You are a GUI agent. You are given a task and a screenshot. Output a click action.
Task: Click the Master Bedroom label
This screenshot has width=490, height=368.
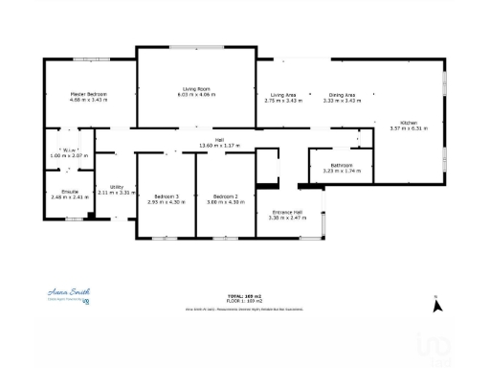click(x=88, y=94)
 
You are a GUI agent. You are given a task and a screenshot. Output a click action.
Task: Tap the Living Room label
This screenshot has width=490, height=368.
click(x=195, y=89)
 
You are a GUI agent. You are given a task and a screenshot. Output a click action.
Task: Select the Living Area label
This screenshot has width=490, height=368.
click(x=282, y=95)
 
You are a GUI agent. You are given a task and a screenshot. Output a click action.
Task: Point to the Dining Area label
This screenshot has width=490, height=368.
click(x=342, y=95)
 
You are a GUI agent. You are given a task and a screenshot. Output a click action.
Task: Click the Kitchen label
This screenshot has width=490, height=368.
click(x=408, y=123)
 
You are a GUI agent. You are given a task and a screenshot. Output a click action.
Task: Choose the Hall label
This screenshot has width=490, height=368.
click(x=219, y=140)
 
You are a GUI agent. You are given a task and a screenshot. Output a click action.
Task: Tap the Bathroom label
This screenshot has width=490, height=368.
click(x=342, y=165)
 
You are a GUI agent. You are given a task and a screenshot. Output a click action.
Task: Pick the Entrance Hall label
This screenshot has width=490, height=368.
click(x=287, y=212)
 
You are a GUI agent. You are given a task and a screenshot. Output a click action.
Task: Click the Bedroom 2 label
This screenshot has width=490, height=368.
click(x=225, y=196)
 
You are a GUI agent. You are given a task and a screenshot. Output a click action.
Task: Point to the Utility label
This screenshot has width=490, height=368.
click(x=117, y=187)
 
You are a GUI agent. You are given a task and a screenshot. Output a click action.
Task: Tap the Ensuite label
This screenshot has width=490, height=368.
click(x=70, y=192)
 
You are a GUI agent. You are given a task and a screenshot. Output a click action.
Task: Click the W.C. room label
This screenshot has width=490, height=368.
click(x=69, y=149)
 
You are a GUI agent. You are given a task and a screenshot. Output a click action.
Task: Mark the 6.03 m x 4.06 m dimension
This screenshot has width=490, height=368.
click(x=195, y=96)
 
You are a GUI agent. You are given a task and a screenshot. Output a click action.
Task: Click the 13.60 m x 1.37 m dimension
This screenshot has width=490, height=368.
click(x=218, y=146)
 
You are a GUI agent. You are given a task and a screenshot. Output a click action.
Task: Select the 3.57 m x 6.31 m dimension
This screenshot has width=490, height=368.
click(x=409, y=128)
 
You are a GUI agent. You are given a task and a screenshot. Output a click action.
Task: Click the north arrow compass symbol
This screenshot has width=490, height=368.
click(x=437, y=306)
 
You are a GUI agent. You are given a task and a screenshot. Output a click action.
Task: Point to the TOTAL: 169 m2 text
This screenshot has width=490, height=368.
click(x=244, y=295)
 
